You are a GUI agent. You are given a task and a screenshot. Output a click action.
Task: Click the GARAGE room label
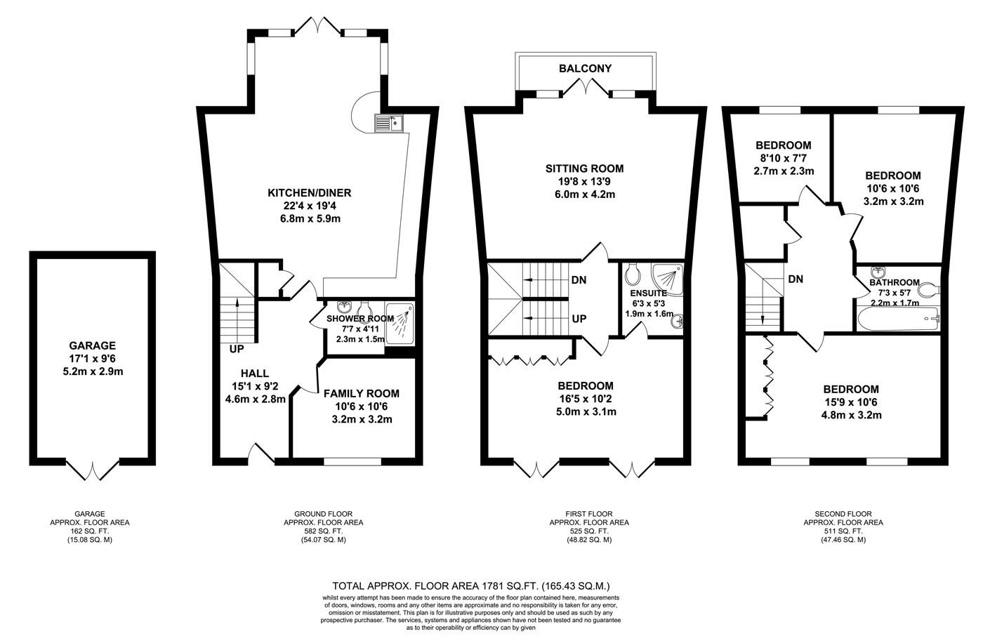pyautogui.click(x=92, y=345)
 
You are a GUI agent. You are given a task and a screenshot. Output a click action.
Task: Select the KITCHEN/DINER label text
pyautogui.click(x=309, y=193)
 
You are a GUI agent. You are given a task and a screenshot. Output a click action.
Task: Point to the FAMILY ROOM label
pyautogui.click(x=361, y=394)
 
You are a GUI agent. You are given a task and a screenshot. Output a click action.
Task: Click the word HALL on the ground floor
pyautogui.click(x=254, y=374)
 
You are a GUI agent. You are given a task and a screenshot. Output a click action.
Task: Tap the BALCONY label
pyautogui.click(x=585, y=69)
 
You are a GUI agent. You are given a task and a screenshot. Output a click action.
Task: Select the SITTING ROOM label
pyautogui.click(x=584, y=168)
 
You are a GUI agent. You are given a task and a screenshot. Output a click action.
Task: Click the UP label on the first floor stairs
pyautogui.click(x=579, y=319)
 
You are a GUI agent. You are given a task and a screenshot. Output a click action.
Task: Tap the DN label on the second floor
pyautogui.click(x=796, y=279)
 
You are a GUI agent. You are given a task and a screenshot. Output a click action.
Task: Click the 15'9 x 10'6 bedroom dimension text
pyautogui.click(x=851, y=402)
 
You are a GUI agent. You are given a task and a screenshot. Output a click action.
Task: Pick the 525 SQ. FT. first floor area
pyautogui.click(x=588, y=531)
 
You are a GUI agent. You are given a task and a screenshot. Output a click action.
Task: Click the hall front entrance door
pyautogui.click(x=261, y=455)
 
